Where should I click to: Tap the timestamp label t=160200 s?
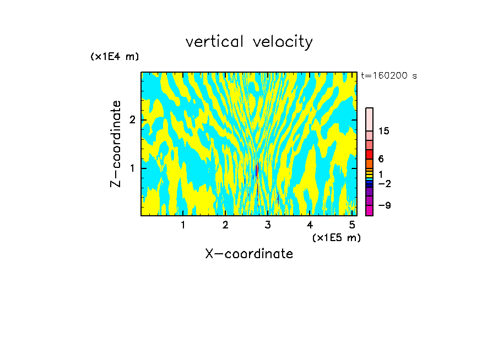coord(388,76)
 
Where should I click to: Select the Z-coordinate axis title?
coord(116,144)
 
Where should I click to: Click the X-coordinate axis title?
coord(249,254)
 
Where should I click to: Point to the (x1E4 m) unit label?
coord(115,57)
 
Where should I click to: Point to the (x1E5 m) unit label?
coord(336,237)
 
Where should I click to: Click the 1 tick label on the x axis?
coord(183,225)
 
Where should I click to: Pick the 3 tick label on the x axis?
coord(267,225)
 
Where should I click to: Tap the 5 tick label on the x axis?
coord(352,225)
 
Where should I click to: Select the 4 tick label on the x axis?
coord(310,225)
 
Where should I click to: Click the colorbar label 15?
coord(384,131)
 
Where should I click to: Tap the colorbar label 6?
coord(381,159)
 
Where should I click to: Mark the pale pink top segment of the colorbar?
coord(370,119)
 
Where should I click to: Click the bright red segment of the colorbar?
coord(370,154)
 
